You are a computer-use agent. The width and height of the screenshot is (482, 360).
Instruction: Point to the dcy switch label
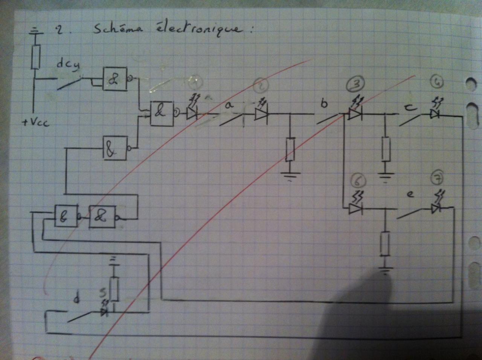tap(68, 64)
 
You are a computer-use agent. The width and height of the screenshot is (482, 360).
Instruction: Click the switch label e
tap(410, 194)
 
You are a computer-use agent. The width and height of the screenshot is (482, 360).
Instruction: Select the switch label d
tap(77, 299)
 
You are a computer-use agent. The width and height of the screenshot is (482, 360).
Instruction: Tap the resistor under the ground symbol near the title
tap(36, 57)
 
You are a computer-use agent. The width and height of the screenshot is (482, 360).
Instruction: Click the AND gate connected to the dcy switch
tap(115, 79)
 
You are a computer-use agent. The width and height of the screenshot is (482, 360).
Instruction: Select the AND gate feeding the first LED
tap(161, 113)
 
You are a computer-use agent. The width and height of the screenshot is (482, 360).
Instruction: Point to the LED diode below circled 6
tap(355, 208)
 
